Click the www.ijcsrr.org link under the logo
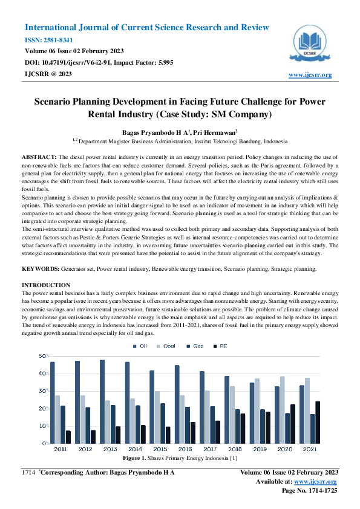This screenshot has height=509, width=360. pos(310,75)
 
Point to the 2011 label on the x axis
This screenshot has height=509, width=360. pos(61,449)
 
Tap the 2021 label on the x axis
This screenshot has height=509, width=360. pos(310,449)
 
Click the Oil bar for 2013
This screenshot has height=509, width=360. pos(102,401)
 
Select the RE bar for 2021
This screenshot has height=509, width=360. pos(318,422)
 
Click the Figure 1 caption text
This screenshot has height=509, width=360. pos(180,459)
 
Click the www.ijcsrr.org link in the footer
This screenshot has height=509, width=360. pos(315,481)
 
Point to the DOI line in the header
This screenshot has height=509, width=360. pos(99,62)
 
